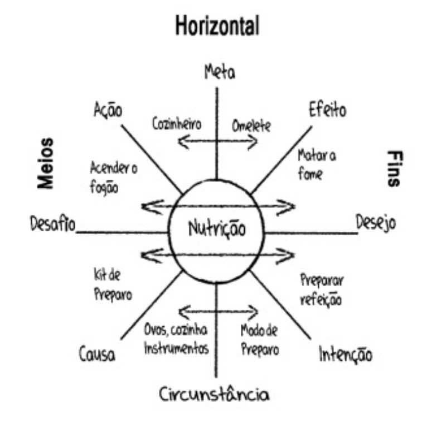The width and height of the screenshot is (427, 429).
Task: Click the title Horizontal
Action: coord(217,26)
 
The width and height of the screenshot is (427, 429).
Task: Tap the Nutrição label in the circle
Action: coord(216,228)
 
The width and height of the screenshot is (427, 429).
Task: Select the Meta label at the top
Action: coord(220,71)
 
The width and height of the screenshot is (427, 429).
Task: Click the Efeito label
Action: coord(327,110)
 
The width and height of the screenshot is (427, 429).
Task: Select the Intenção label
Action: coord(345,354)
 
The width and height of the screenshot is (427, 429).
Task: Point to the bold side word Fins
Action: coord(394,168)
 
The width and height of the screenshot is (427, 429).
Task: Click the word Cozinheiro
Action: coord(177,123)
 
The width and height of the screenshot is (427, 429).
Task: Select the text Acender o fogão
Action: coord(113,177)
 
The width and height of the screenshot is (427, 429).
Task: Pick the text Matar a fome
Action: coord(316,163)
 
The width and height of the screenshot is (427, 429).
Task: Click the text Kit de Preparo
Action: coord(112,284)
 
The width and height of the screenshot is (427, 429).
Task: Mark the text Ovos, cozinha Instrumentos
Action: coord(176,339)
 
